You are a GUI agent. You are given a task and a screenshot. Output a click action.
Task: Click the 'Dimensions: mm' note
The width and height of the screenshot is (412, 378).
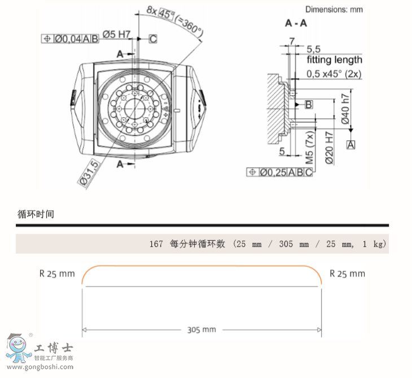pos(334,10)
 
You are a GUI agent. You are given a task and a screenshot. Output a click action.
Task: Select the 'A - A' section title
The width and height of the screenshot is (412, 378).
pos(297,24)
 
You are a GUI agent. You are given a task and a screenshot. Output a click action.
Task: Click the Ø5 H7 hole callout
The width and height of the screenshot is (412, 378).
pos(116,34)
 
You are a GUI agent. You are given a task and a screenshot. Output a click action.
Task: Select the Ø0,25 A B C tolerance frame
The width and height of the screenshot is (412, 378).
pos(279,172)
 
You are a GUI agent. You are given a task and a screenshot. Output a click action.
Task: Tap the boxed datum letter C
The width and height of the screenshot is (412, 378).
pos(153,38)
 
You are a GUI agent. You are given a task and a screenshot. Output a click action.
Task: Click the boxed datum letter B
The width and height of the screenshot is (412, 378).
pos(309,104)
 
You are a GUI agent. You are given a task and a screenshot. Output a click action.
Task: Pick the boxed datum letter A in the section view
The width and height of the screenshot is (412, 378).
pos(351,145)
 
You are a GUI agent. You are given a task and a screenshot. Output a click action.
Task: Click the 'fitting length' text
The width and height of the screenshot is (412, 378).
pos(335,59)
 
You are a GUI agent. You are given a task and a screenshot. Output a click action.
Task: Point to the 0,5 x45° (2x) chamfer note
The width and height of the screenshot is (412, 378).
pos(334,74)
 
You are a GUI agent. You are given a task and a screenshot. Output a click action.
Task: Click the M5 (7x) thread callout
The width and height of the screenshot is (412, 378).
pos(309,147)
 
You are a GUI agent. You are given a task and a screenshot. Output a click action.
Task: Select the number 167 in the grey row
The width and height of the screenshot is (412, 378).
pos(156,244)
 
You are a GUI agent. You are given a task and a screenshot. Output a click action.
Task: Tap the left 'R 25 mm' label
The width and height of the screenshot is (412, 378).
pos(57,274)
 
